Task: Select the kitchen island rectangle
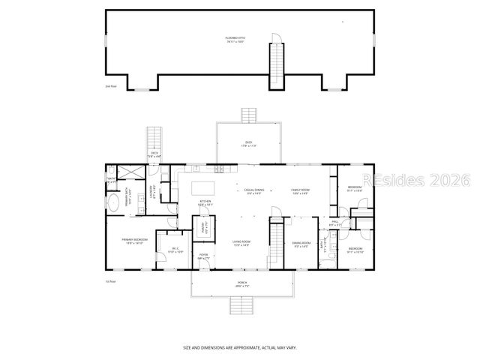tap(202, 187)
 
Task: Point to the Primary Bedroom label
tap(135, 241)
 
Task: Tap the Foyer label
tap(203, 256)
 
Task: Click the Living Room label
tap(241, 244)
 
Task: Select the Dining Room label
tap(301, 244)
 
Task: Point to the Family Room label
tap(301, 192)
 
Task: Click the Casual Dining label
tap(253, 192)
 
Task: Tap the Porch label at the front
tap(241, 285)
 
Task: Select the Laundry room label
tap(152, 192)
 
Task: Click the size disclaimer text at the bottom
tap(240, 347)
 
